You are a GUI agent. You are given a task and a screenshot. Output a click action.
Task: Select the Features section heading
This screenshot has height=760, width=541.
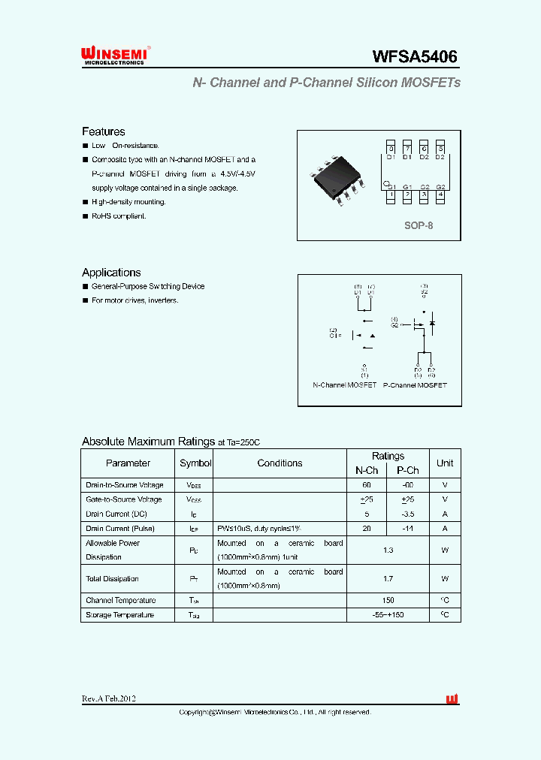click(103, 131)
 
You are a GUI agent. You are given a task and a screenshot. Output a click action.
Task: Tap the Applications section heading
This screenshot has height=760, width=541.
click(111, 273)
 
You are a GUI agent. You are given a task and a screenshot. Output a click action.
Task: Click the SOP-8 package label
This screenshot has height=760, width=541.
click(419, 225)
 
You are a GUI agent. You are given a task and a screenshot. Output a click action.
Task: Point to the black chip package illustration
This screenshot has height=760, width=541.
click(338, 179)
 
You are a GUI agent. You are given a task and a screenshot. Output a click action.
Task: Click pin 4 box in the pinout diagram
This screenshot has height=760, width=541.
click(440, 195)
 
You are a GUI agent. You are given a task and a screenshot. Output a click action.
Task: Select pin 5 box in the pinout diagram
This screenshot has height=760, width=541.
click(440, 147)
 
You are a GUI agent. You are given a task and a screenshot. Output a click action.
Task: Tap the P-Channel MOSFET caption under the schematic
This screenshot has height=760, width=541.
click(415, 385)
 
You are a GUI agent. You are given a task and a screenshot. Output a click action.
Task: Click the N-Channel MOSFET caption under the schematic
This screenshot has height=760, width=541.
click(344, 385)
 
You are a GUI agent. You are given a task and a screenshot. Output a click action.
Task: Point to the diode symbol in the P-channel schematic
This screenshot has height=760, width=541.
click(432, 324)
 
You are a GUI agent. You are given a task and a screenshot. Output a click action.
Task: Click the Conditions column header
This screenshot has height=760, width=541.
click(280, 463)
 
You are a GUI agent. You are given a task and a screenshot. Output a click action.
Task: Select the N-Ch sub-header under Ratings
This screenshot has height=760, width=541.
click(367, 470)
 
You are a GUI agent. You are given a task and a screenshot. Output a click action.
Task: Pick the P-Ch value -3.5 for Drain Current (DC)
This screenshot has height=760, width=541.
click(408, 514)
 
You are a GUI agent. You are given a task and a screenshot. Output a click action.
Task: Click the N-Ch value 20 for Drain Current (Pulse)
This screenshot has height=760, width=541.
click(367, 528)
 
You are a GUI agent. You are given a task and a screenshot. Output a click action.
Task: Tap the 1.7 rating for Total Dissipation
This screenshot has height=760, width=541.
click(388, 579)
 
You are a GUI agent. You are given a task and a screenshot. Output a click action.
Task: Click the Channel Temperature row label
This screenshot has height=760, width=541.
click(121, 600)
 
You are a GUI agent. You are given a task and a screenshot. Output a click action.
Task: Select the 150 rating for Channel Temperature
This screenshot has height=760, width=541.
click(388, 600)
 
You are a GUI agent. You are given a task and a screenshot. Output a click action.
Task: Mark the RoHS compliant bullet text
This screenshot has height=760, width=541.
click(119, 216)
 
